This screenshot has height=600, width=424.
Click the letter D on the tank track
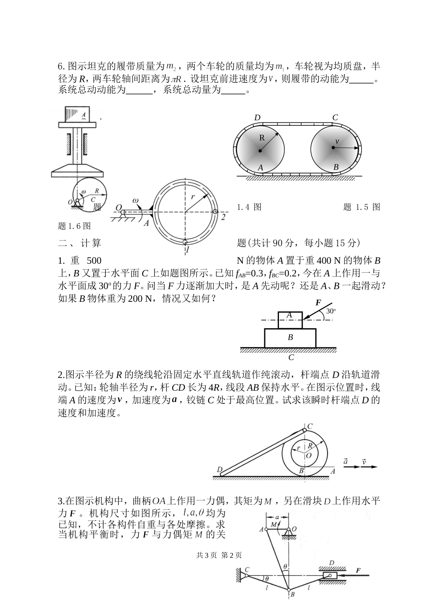pyautogui.click(x=257, y=118)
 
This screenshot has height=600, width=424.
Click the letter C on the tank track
pyautogui.click(x=335, y=118)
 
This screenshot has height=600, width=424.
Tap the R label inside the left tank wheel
pyautogui.click(x=262, y=138)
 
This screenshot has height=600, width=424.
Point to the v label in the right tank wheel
pyautogui.click(x=337, y=141)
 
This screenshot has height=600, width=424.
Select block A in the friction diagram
pyautogui.click(x=289, y=315)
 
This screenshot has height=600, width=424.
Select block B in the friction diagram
pyautogui.click(x=290, y=337)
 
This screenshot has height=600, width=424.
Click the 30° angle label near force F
pyautogui.click(x=331, y=311)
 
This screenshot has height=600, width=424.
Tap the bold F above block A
pyautogui.click(x=318, y=303)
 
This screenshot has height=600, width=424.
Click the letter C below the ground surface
pyautogui.click(x=291, y=357)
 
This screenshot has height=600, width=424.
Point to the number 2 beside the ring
pyautogui.click(x=223, y=217)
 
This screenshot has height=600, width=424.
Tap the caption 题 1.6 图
pyautogui.click(x=75, y=226)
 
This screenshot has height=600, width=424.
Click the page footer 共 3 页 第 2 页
pyautogui.click(x=219, y=555)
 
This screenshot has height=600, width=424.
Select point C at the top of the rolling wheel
pyautogui.click(x=310, y=426)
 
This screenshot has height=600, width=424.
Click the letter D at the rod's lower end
pyautogui.click(x=219, y=469)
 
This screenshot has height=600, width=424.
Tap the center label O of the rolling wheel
pyautogui.click(x=308, y=455)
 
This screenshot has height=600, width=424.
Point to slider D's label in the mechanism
pyautogui.click(x=331, y=562)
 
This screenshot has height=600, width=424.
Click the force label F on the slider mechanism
pyautogui.click(x=358, y=570)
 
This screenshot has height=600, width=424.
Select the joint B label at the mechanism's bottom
pyautogui.click(x=292, y=594)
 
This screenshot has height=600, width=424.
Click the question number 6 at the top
pyautogui.click(x=61, y=67)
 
